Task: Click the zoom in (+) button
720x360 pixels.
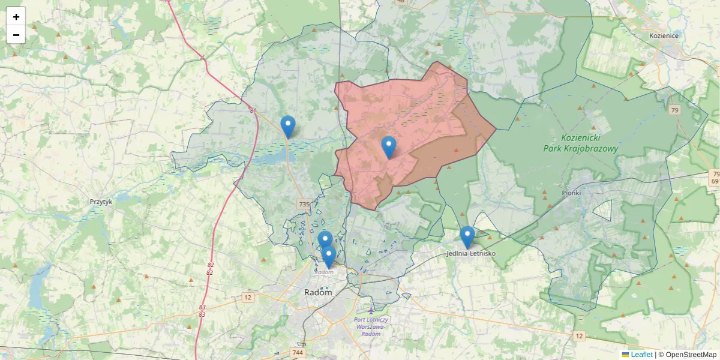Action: tap(16, 16)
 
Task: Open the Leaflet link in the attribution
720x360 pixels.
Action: tap(641, 355)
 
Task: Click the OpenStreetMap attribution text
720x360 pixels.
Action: tap(691, 355)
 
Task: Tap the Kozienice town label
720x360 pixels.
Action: tap(664, 36)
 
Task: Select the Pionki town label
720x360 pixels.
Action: tap(572, 193)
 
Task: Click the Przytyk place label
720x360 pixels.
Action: tap(101, 202)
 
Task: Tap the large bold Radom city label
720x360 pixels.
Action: tap(318, 293)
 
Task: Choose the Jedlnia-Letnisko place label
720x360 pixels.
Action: tap(471, 254)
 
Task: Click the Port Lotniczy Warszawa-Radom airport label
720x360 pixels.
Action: tap(371, 326)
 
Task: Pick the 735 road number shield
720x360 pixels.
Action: tap(304, 205)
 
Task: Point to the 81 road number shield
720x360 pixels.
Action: tap(253, 110)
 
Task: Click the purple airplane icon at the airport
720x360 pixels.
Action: tap(371, 310)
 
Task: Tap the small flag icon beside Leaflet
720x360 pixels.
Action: tap(625, 355)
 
